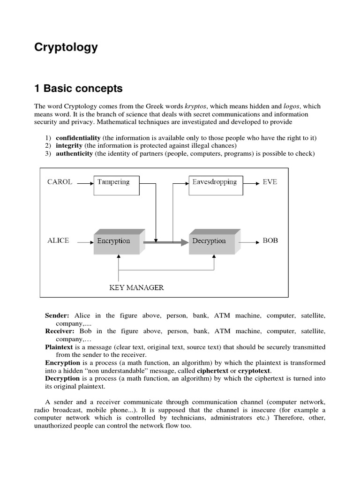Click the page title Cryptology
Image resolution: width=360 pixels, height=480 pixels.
pyautogui.click(x=66, y=47)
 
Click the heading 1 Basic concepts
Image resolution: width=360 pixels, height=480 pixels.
pyautogui.click(x=78, y=88)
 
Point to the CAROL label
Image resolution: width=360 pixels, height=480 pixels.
pyautogui.click(x=60, y=182)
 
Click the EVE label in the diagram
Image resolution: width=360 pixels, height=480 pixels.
pyautogui.click(x=270, y=182)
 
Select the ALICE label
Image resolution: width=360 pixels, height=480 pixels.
pyautogui.click(x=58, y=240)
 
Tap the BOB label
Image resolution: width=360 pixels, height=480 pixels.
pyautogui.click(x=270, y=240)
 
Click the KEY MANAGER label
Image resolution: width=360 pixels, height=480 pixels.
pyautogui.click(x=136, y=287)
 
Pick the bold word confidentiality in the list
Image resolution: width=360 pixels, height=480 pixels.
pyautogui.click(x=78, y=138)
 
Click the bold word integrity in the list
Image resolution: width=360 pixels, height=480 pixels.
pyautogui.click(x=69, y=146)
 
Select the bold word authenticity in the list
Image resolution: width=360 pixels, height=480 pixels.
pyautogui.click(x=74, y=154)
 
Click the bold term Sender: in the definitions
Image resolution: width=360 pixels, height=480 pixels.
pyautogui.click(x=57, y=316)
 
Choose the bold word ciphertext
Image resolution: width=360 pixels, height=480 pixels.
pyautogui.click(x=215, y=371)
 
